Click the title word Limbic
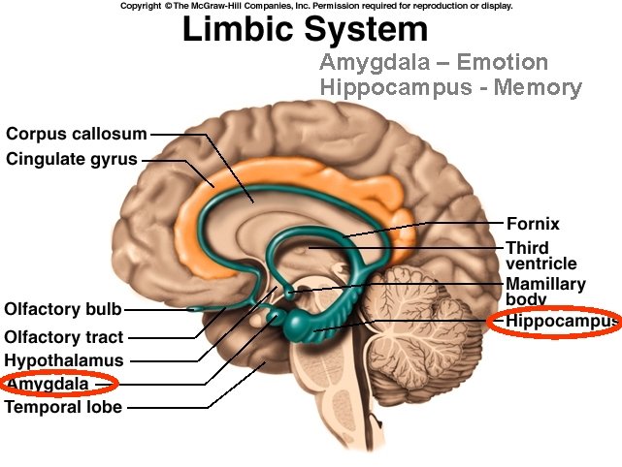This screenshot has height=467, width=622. [240, 31]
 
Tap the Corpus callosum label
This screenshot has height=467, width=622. [77, 134]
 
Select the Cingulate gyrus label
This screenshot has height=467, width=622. [71, 159]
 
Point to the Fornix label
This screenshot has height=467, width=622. [533, 224]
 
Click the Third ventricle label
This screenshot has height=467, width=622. [540, 256]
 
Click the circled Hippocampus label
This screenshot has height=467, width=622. [561, 320]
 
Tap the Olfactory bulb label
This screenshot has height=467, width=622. [63, 310]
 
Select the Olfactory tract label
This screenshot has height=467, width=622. [64, 337]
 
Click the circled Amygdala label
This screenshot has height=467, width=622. [48, 385]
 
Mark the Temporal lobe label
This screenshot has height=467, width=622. [64, 408]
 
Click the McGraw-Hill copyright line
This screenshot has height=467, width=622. [316, 6]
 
